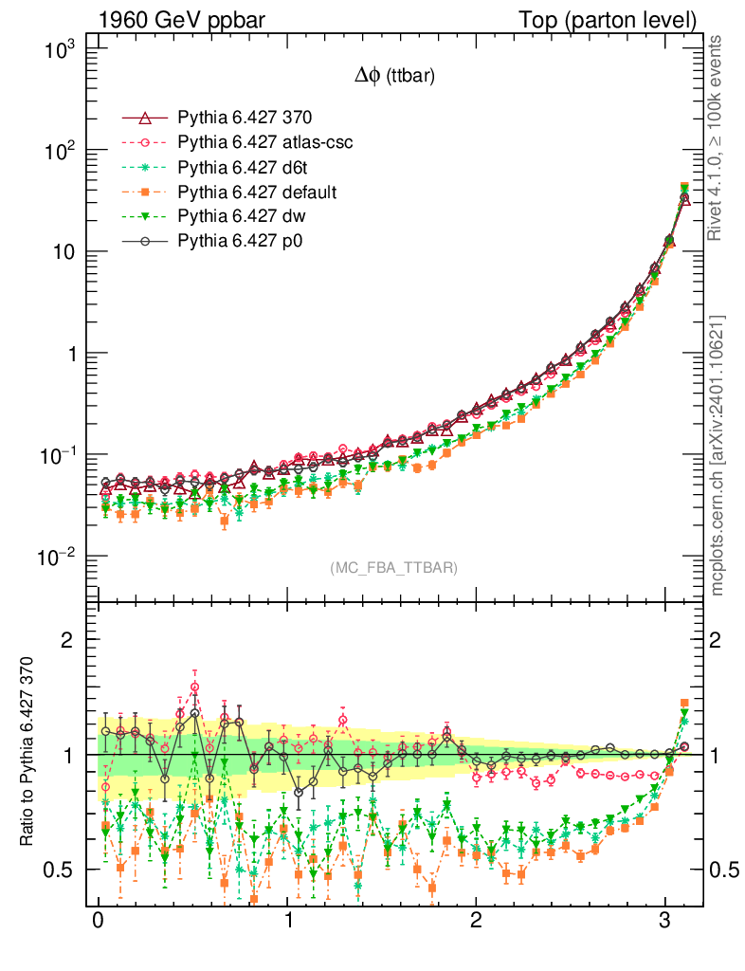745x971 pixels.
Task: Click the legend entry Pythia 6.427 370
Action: (245, 118)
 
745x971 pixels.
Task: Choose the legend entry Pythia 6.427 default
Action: (258, 192)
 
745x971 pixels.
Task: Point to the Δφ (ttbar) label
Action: (394, 78)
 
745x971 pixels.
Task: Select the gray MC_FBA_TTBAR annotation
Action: (394, 568)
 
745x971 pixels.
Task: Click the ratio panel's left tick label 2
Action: (68, 639)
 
